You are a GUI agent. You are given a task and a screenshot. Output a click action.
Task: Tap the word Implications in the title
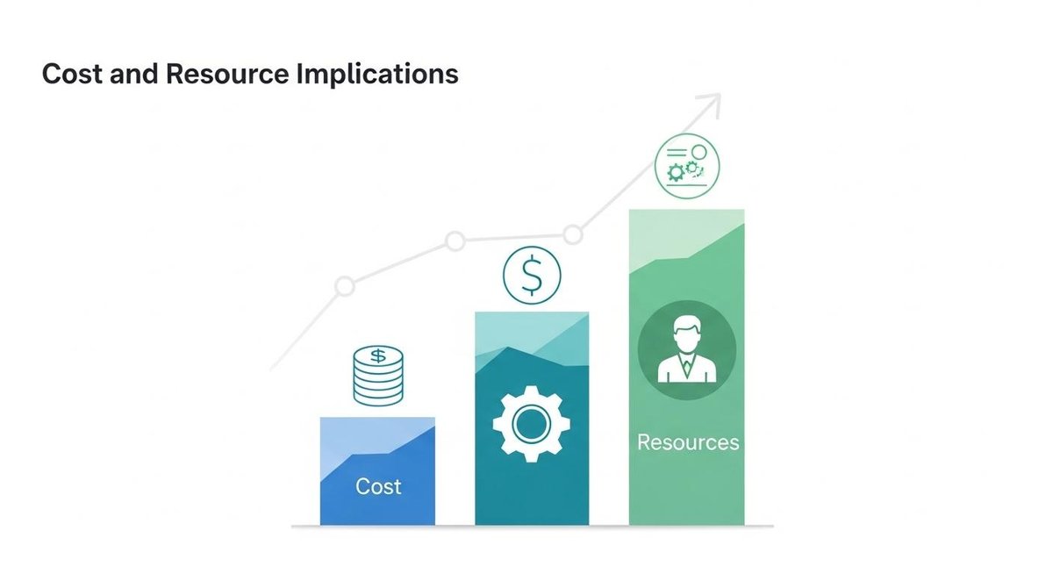(377, 74)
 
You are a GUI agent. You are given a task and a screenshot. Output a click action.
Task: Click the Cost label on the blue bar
(378, 485)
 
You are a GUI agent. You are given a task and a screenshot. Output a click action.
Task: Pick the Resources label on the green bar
(688, 441)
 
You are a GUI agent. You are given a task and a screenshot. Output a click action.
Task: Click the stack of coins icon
(378, 376)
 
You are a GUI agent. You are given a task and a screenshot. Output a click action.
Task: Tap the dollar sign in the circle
(531, 276)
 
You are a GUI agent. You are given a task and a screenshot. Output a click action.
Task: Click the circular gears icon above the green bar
(687, 164)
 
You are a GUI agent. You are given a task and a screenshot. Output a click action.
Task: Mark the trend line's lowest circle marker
(345, 286)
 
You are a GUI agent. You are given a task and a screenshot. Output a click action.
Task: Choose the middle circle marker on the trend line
(455, 240)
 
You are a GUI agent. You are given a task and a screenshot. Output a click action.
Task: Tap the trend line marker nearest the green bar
(573, 234)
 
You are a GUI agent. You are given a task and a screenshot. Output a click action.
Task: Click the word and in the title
(133, 74)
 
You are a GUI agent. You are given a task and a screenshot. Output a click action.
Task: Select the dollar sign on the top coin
(378, 356)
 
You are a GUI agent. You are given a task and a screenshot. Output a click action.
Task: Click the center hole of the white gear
(531, 426)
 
